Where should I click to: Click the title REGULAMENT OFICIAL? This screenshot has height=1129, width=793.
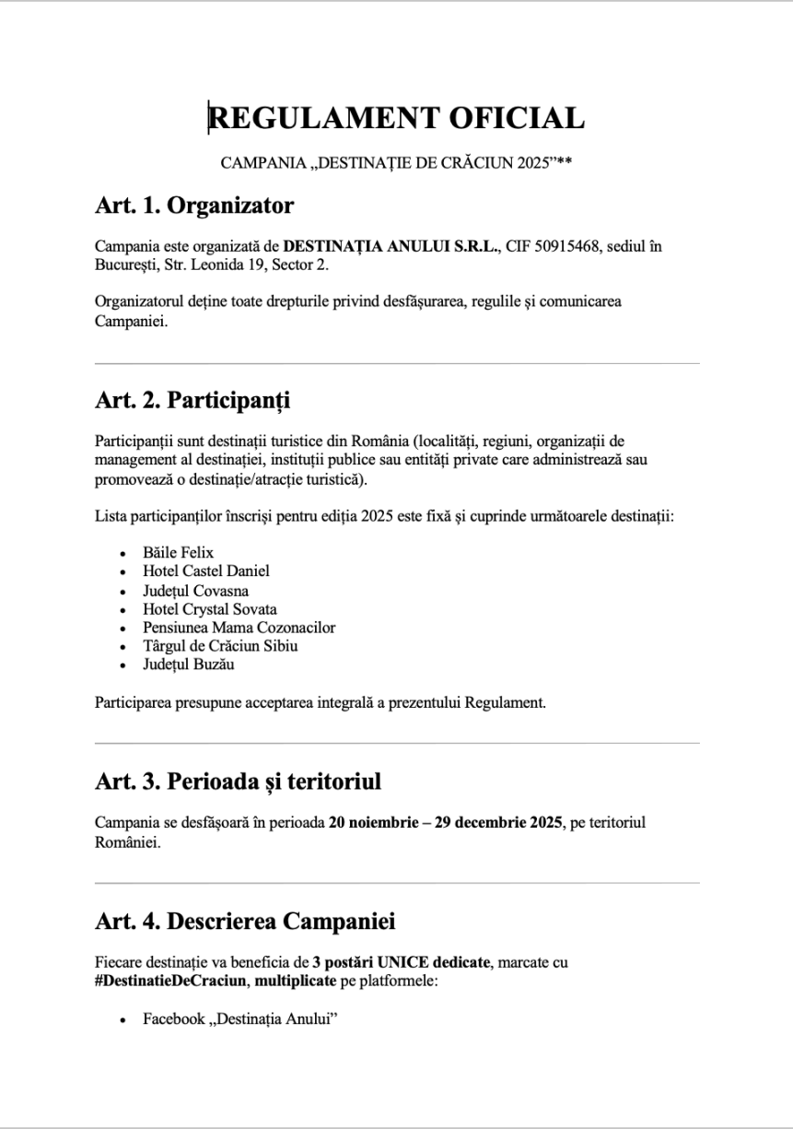tap(396, 119)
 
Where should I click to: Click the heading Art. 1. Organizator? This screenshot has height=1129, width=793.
tap(194, 206)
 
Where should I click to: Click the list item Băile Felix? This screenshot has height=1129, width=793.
tap(178, 552)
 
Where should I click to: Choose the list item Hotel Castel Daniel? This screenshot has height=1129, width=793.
tap(206, 571)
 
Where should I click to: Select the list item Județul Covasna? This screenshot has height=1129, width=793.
tap(195, 591)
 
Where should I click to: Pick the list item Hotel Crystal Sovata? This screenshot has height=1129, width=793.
tap(209, 609)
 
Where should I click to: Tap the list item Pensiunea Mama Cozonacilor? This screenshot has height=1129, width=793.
tap(239, 628)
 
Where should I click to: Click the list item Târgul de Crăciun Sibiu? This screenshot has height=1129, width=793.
tap(220, 646)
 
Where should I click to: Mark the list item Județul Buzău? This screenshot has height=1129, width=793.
tap(189, 664)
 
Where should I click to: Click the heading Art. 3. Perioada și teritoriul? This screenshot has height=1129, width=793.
tap(238, 782)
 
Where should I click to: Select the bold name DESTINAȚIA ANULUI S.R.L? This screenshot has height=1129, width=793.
tap(391, 246)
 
